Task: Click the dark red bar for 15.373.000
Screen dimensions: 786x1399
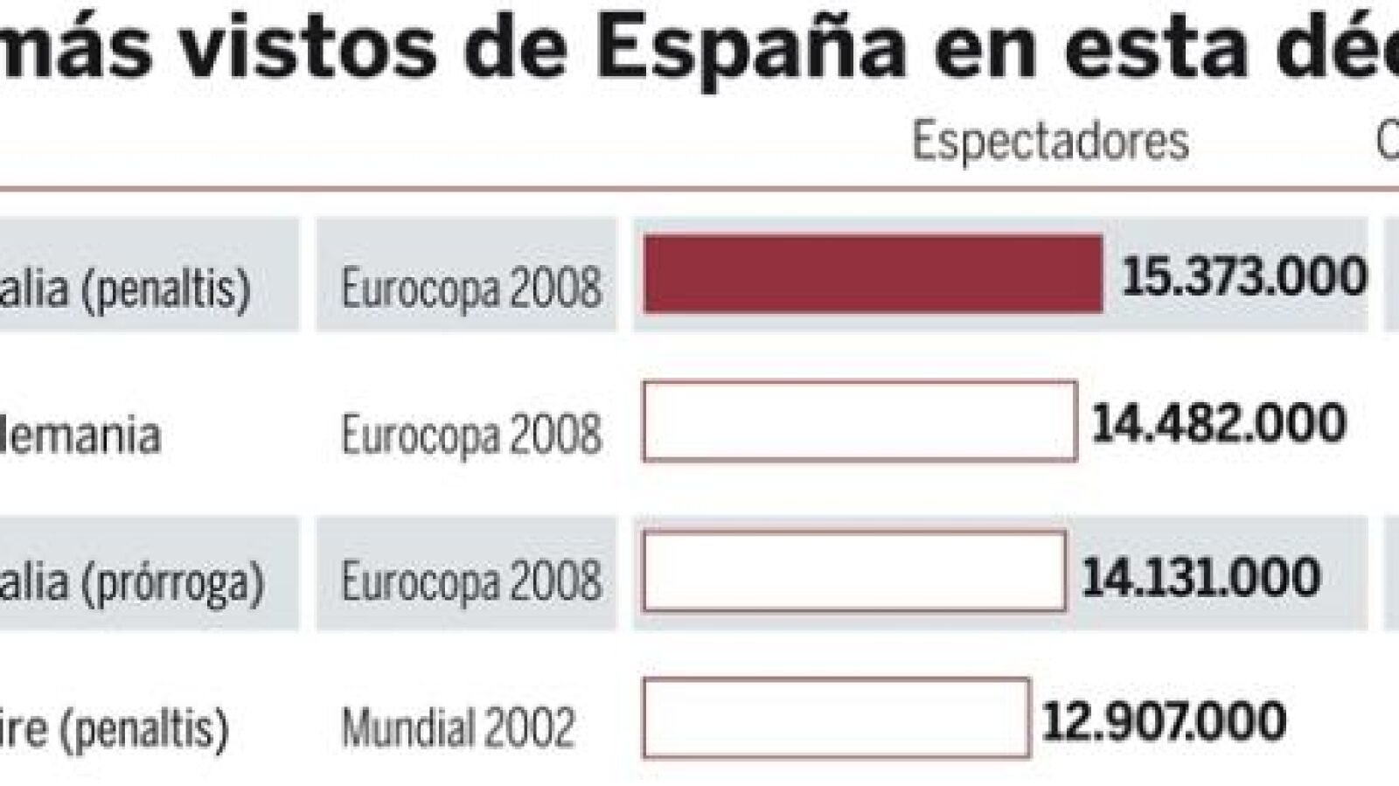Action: click(x=873, y=274)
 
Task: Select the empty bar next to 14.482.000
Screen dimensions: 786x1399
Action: click(x=859, y=421)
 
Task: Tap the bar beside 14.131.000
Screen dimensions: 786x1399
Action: click(x=853, y=571)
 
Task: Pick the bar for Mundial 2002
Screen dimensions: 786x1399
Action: click(x=835, y=718)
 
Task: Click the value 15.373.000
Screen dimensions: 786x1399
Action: click(x=1243, y=277)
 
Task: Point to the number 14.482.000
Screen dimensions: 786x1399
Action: click(x=1219, y=424)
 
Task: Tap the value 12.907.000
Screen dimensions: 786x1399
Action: click(x=1164, y=721)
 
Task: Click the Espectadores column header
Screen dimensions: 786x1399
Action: click(x=1050, y=142)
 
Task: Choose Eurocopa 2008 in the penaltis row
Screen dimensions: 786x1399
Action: click(x=471, y=287)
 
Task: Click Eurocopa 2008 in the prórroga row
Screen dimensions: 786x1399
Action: click(x=471, y=581)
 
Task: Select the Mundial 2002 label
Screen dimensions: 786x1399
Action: click(x=458, y=727)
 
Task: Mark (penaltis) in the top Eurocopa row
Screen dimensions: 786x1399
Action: click(x=166, y=288)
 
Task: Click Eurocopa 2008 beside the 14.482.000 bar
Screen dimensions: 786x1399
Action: click(x=471, y=435)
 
